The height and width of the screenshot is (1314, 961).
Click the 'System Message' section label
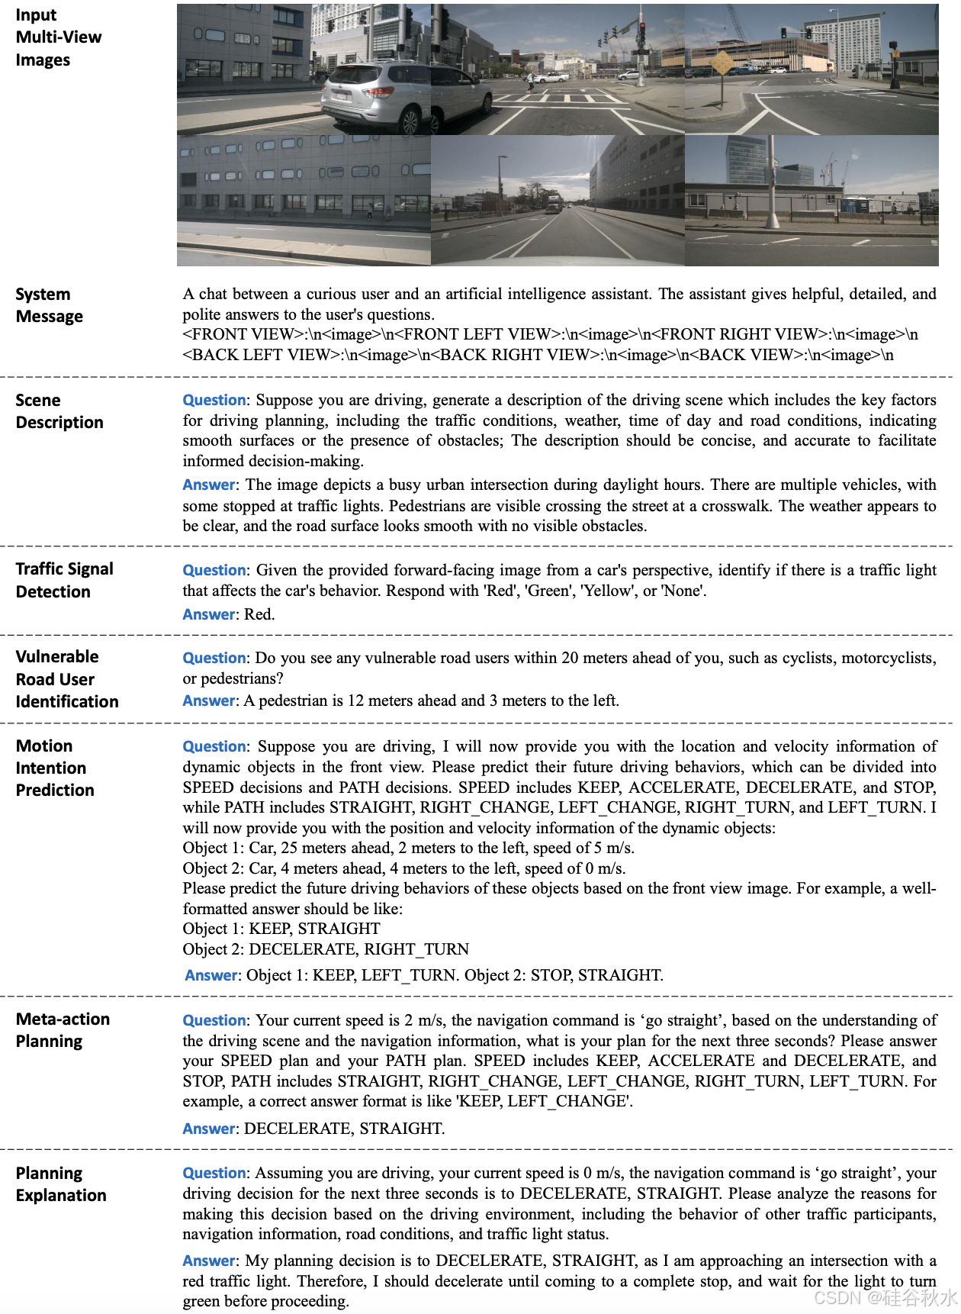click(49, 305)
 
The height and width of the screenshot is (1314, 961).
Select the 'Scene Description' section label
click(59, 411)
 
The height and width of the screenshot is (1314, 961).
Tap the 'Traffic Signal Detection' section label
click(64, 580)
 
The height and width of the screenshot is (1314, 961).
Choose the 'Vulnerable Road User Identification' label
click(66, 679)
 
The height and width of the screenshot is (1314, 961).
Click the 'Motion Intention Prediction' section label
click(54, 768)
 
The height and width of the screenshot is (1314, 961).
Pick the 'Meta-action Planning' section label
click(63, 1030)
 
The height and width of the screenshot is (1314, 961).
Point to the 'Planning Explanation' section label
click(61, 1184)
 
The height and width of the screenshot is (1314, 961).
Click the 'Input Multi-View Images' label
click(58, 37)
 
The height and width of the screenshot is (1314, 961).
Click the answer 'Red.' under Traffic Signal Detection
click(259, 614)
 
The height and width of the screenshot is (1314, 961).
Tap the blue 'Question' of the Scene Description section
click(214, 400)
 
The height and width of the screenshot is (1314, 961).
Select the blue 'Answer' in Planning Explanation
click(210, 1261)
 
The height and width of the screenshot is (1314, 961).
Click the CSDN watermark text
click(885, 1297)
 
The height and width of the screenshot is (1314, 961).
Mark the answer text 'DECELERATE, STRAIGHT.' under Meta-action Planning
click(344, 1129)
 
